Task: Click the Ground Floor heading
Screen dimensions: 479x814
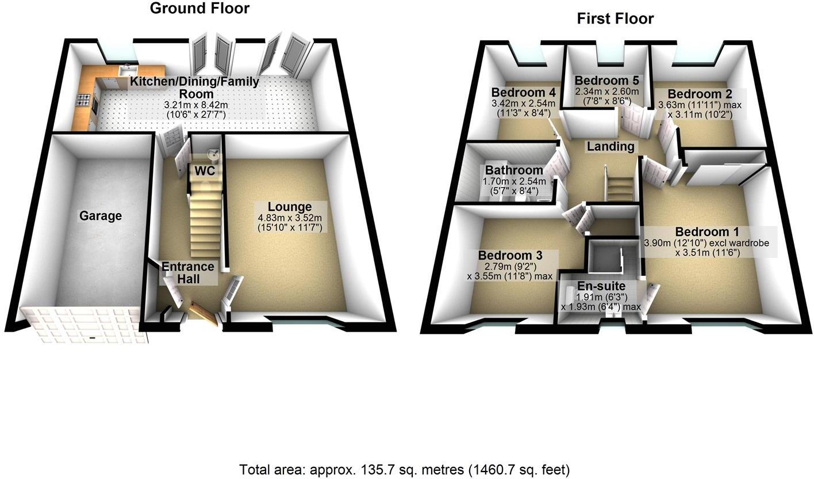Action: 199,9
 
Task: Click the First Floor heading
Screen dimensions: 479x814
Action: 615,19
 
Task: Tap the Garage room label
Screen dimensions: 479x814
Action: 101,216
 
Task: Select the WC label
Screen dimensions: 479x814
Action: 205,171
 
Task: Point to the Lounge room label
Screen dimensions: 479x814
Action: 290,207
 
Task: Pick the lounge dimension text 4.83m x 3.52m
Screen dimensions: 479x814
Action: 290,218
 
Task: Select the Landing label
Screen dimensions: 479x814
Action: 610,147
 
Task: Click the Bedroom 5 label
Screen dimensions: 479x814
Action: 606,80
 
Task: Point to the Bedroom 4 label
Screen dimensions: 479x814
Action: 523,93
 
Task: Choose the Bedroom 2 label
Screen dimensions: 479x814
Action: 699,94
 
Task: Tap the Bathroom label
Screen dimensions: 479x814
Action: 514,170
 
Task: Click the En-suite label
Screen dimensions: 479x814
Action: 601,286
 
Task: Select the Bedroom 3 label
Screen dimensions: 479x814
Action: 509,255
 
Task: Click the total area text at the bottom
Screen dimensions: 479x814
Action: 404,469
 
